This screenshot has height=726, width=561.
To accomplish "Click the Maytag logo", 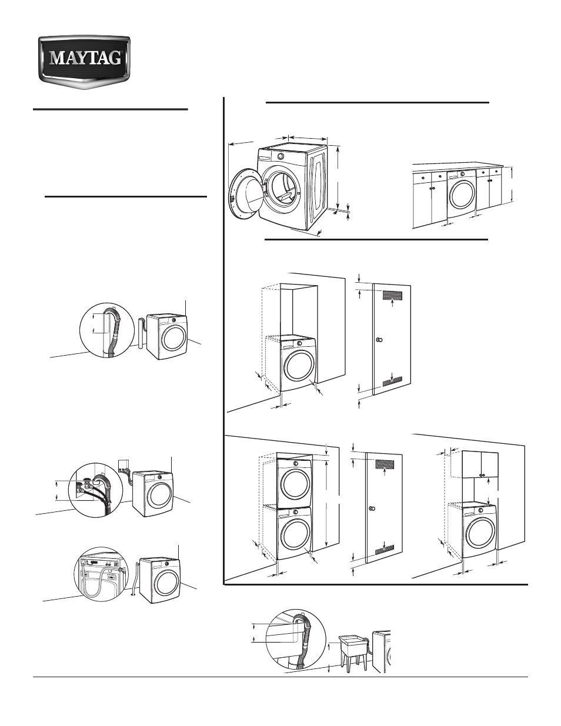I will [85, 59].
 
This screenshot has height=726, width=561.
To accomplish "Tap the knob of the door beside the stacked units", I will [372, 507].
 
